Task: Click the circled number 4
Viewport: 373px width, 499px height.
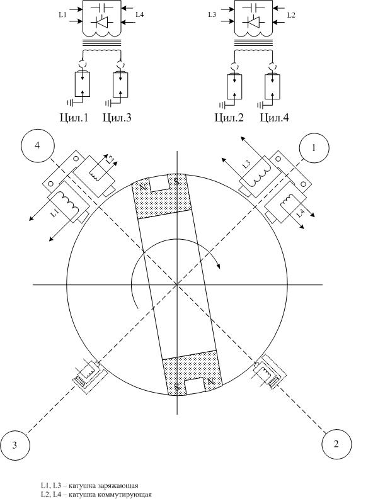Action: tap(38, 145)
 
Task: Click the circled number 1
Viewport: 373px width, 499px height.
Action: tap(314, 148)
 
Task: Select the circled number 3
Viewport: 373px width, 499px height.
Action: tap(14, 445)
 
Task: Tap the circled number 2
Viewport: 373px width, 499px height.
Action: tap(336, 444)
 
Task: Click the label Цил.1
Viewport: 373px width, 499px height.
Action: tap(74, 118)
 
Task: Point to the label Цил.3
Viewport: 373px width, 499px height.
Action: tap(117, 118)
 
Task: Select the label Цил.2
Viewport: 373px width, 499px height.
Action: tap(229, 118)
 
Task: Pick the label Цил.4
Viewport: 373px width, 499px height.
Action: tap(274, 118)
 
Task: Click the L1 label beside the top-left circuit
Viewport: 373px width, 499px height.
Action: tap(62, 14)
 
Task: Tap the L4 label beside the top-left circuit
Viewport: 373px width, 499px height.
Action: tap(139, 14)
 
